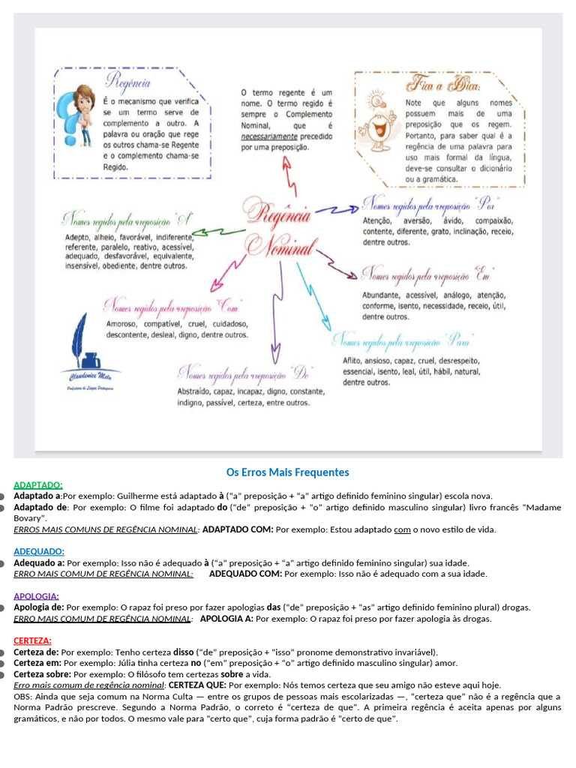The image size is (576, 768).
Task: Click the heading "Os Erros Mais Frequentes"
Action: pos(288,472)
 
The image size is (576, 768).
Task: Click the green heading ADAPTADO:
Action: pos(38,485)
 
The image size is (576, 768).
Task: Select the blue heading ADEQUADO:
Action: pos(39,551)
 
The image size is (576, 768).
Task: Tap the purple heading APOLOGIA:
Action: pos(36,596)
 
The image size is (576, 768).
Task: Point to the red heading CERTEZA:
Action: pos(32,640)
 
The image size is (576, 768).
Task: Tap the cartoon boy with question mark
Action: pos(79,116)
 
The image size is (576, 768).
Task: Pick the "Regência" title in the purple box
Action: pos(129,81)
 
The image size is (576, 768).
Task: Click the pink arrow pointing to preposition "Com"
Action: pos(218,278)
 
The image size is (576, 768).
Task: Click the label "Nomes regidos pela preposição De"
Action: pos(244,373)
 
